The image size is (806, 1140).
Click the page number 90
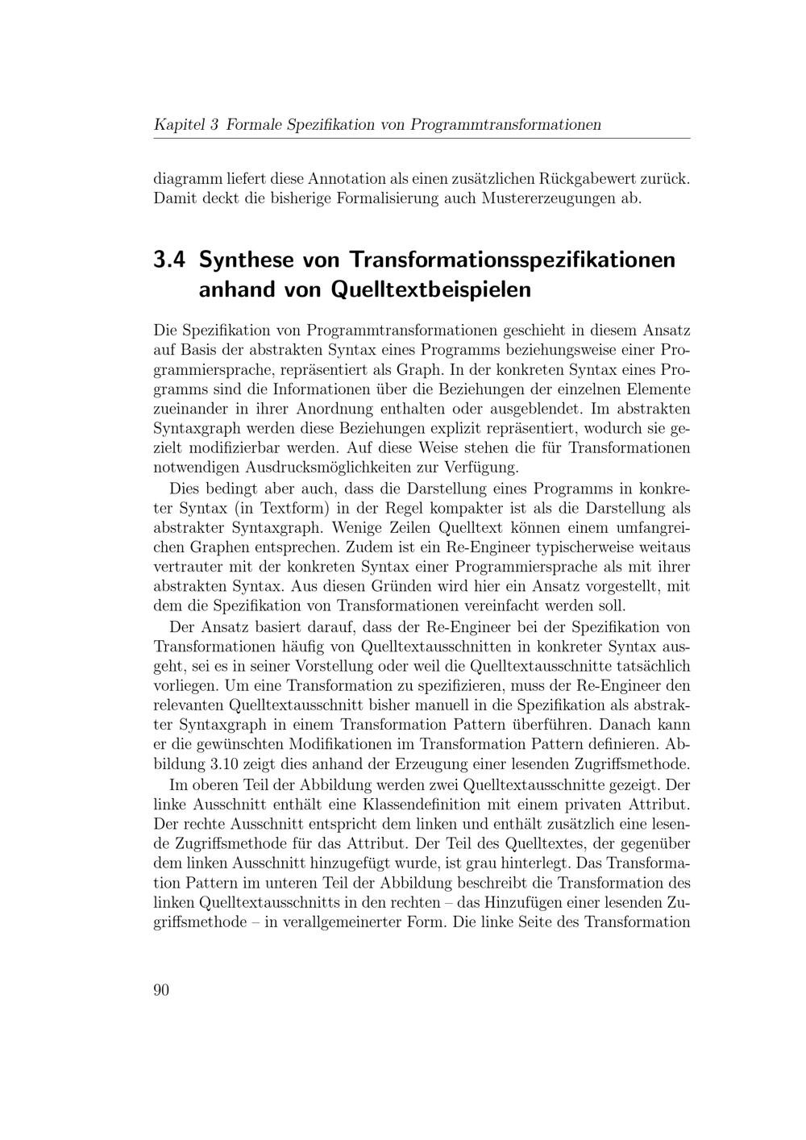click(161, 990)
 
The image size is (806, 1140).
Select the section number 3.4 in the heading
click(169, 260)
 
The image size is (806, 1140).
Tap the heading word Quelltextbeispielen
click(431, 289)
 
